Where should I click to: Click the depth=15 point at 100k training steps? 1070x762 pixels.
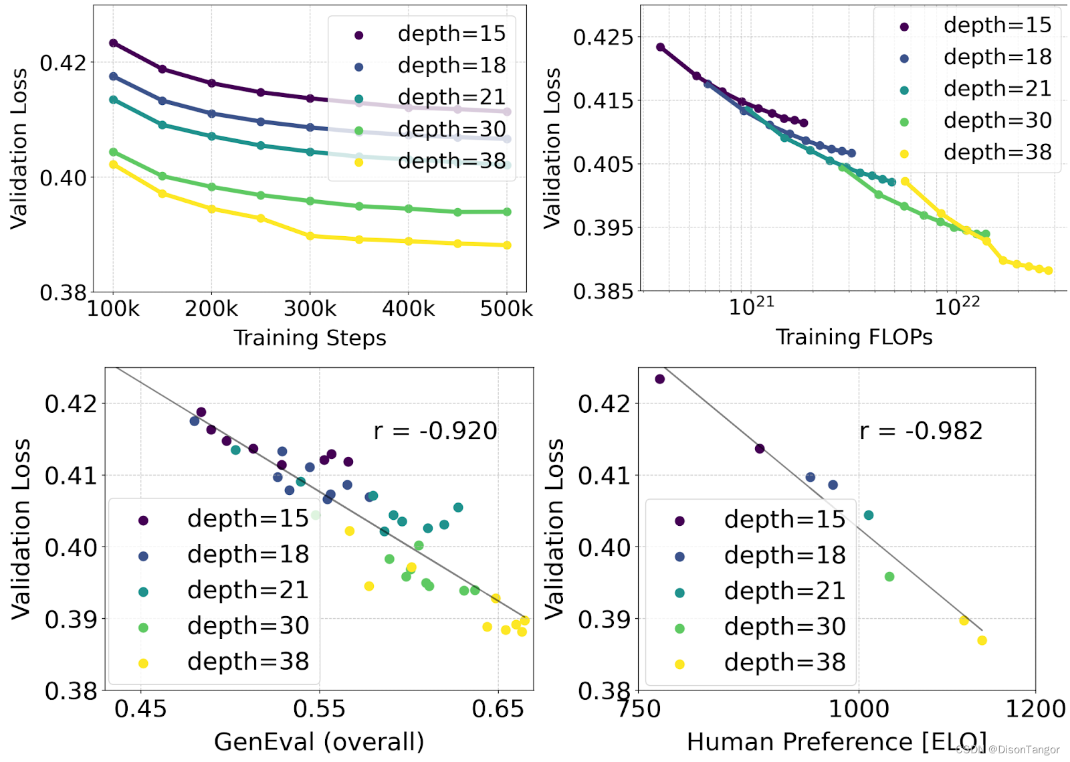pos(113,43)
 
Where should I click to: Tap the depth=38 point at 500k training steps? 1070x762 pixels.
pos(507,245)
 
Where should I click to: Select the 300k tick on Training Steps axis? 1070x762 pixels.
pos(310,308)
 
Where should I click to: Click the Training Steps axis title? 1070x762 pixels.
pos(310,338)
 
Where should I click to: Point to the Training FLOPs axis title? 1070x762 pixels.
pos(854,337)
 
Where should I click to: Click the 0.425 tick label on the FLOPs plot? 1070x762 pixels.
pos(603,37)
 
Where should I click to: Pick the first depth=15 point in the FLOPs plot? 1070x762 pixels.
pos(661,47)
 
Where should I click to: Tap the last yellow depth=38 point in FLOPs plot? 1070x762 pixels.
pos(1049,270)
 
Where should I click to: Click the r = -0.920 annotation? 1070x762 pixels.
pos(435,431)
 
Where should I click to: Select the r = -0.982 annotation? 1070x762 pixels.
pos(922,431)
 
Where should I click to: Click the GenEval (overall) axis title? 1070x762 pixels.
pos(319,741)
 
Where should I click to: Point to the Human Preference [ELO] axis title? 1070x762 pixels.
pos(837,741)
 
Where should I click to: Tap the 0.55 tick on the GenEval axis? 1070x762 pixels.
pos(319,708)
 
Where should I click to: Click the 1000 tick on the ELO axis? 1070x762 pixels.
pos(859,708)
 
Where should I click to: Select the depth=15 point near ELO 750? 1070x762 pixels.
pos(660,379)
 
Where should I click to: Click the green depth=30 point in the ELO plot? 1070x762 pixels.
pos(889,577)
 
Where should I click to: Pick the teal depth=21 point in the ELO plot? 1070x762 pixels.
pos(869,515)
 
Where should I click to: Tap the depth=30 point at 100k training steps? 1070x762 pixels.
pos(113,152)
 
